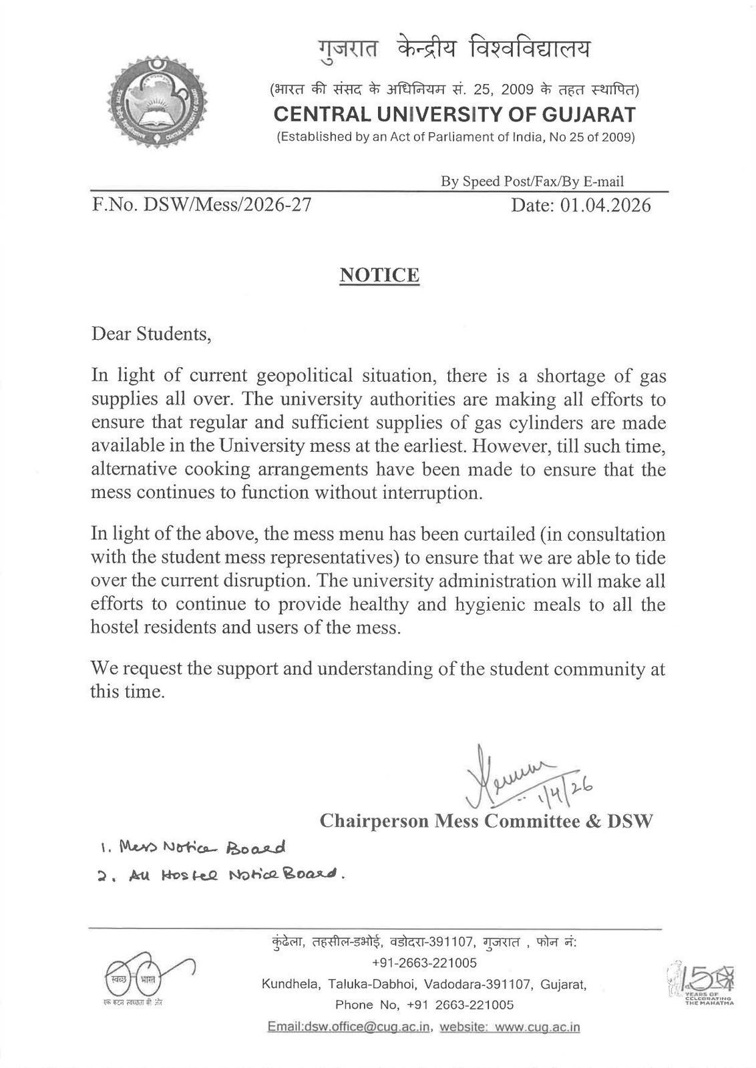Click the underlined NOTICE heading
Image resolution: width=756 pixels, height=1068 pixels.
coord(379,275)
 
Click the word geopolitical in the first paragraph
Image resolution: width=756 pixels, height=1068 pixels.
coord(309,376)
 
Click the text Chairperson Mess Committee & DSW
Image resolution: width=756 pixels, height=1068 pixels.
coord(486,820)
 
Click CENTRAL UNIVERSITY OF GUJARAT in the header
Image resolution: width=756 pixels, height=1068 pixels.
coord(455,115)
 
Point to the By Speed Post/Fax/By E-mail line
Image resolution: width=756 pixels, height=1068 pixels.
coord(532,182)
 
